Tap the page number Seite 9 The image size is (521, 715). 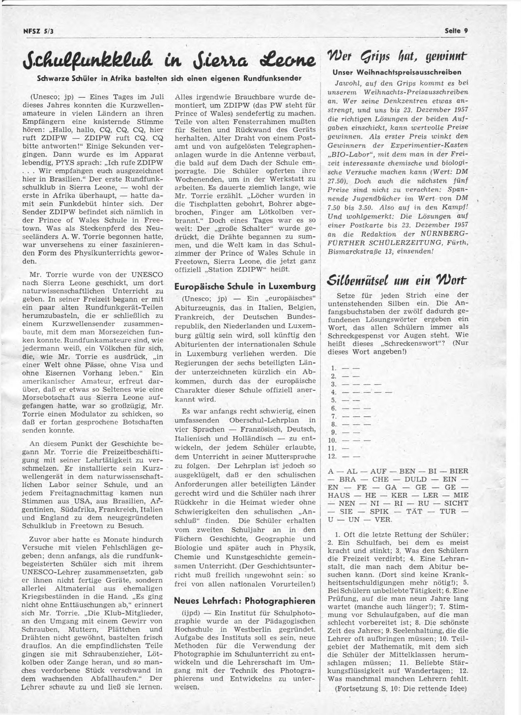[455, 31]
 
